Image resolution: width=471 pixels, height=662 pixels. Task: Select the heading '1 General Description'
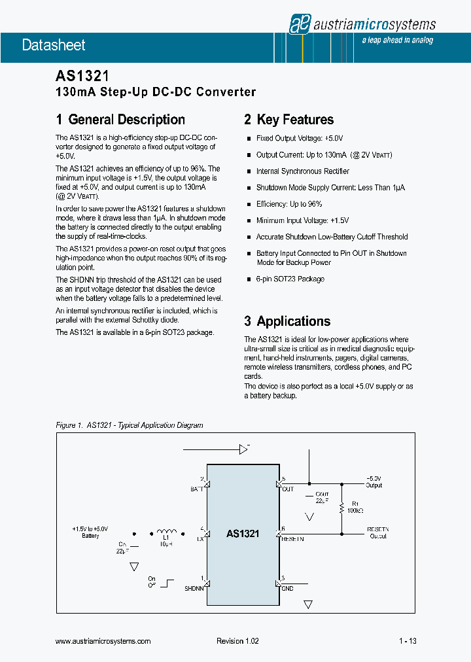coord(120,120)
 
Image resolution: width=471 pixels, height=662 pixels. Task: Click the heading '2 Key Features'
coord(288,120)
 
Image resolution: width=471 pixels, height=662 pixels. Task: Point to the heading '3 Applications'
coord(287,321)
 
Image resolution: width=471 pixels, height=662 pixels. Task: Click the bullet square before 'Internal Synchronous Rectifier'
coord(249,171)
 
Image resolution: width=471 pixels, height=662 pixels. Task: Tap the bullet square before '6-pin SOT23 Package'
coord(249,279)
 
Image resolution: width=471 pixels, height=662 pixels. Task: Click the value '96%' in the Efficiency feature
coord(314,204)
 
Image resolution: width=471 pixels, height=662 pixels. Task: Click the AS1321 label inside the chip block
coord(243,534)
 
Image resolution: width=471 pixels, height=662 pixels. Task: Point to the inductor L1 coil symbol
coord(166,531)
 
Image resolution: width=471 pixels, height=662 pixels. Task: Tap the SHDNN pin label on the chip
coord(194,588)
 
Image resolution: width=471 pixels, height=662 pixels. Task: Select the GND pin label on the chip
coord(287,588)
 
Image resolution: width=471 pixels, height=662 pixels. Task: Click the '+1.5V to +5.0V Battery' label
coord(90,532)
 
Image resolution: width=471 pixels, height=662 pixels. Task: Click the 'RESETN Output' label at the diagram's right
coord(377,532)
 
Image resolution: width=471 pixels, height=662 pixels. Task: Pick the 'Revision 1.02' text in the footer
coord(237,641)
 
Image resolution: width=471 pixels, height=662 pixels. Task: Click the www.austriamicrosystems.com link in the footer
coord(103,641)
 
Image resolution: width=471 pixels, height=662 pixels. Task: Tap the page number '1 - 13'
coord(407,641)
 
